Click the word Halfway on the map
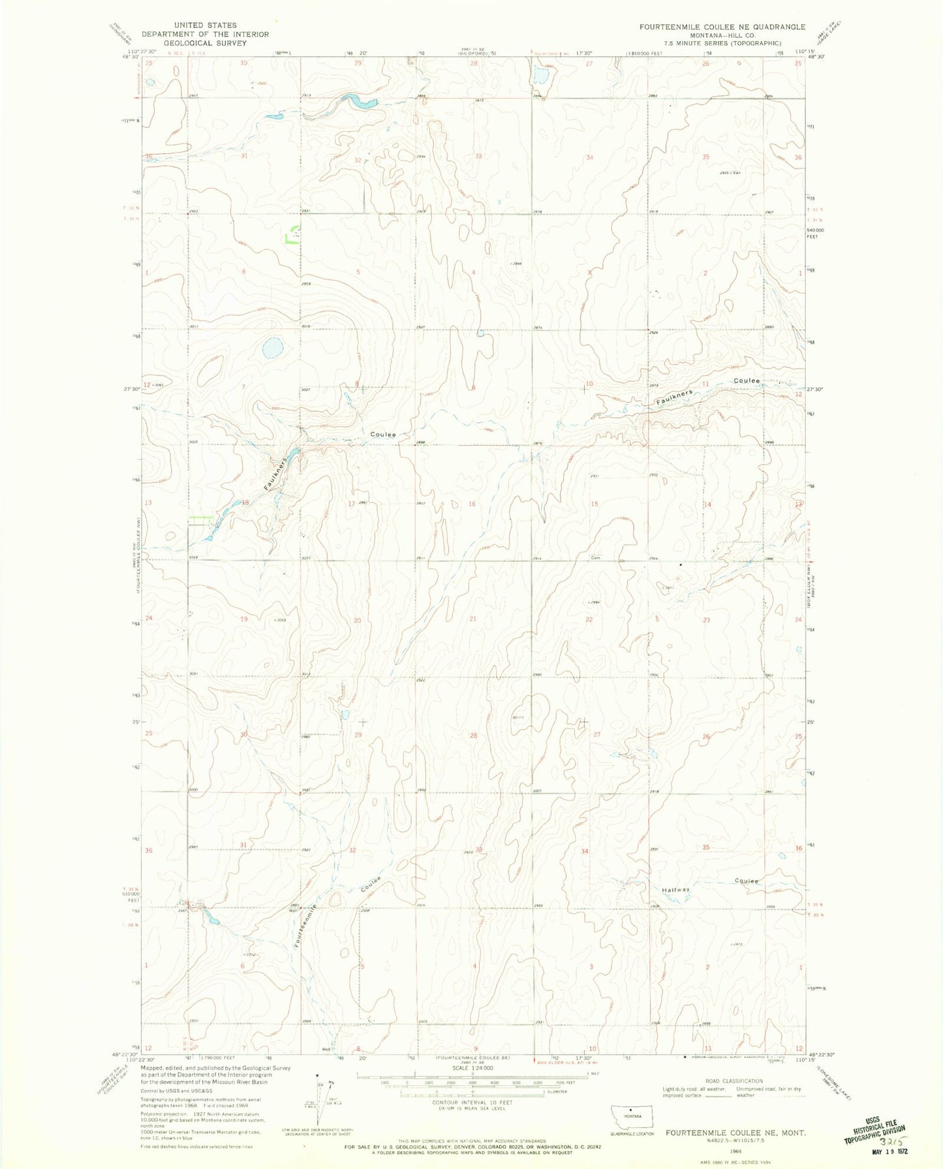pos(675,890)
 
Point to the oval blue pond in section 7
pos(272,347)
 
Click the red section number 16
pos(472,504)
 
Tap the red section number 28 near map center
pos(473,736)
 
